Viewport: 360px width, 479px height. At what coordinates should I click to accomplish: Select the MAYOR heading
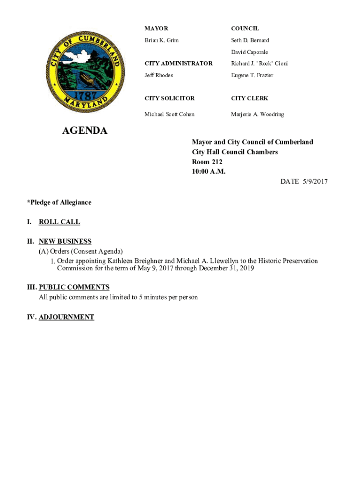[x=156, y=29]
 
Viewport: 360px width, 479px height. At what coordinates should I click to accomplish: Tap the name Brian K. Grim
[x=162, y=40]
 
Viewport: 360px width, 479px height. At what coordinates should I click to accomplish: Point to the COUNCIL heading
[x=245, y=29]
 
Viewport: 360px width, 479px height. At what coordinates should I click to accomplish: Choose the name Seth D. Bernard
[x=250, y=40]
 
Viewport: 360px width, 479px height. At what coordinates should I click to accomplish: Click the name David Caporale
[x=250, y=52]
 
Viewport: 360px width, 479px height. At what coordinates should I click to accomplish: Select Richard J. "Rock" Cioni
[x=259, y=63]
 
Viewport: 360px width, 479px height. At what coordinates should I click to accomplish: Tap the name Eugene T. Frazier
[x=252, y=75]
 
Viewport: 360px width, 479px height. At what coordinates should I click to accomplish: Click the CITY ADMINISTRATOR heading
[x=179, y=63]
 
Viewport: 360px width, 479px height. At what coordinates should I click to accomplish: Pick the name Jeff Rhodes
[x=159, y=75]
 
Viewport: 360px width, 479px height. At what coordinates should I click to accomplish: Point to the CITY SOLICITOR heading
[x=169, y=98]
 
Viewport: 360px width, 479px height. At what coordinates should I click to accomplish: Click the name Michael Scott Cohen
[x=169, y=114]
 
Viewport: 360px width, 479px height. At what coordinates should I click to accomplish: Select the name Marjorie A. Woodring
[x=258, y=114]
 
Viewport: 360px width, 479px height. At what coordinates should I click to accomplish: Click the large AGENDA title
[x=85, y=131]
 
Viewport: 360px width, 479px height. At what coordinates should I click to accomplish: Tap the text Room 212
[x=207, y=162]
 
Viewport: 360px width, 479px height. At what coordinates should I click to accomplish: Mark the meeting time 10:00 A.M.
[x=209, y=172]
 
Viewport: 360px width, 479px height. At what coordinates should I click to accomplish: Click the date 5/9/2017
[x=314, y=181]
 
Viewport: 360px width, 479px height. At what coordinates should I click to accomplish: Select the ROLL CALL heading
[x=59, y=222]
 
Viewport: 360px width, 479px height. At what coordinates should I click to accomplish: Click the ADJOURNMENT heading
[x=66, y=317]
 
